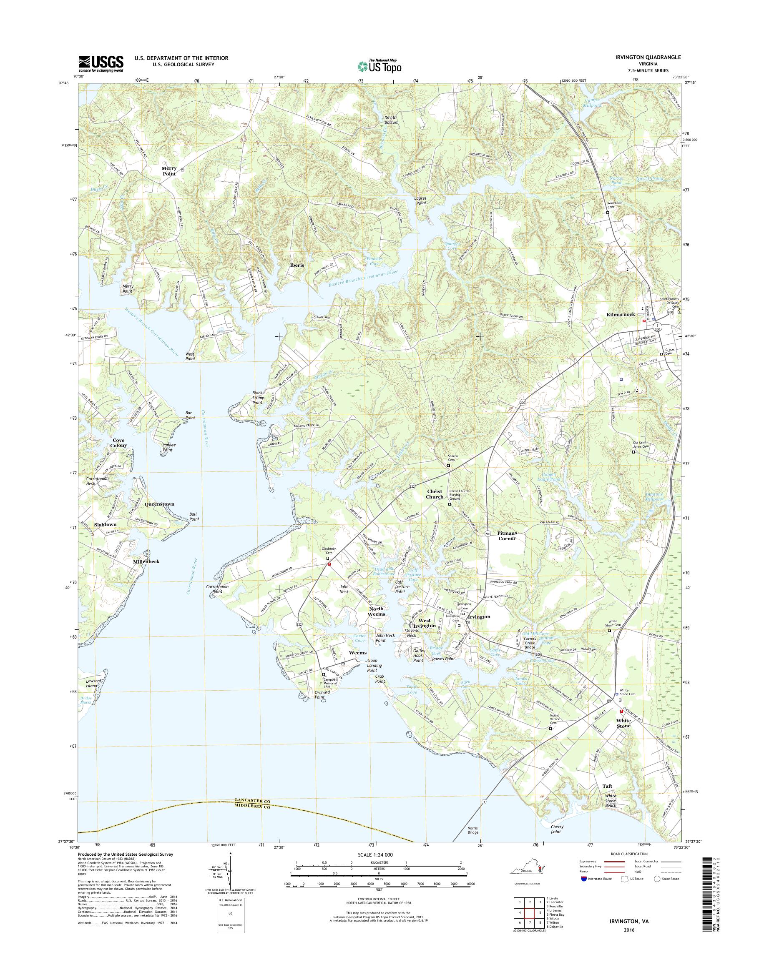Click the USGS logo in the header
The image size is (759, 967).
(x=101, y=63)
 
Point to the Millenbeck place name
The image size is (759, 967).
(x=146, y=561)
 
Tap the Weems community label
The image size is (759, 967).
(x=357, y=652)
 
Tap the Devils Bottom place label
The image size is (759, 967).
(x=391, y=120)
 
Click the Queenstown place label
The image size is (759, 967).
(x=159, y=504)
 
